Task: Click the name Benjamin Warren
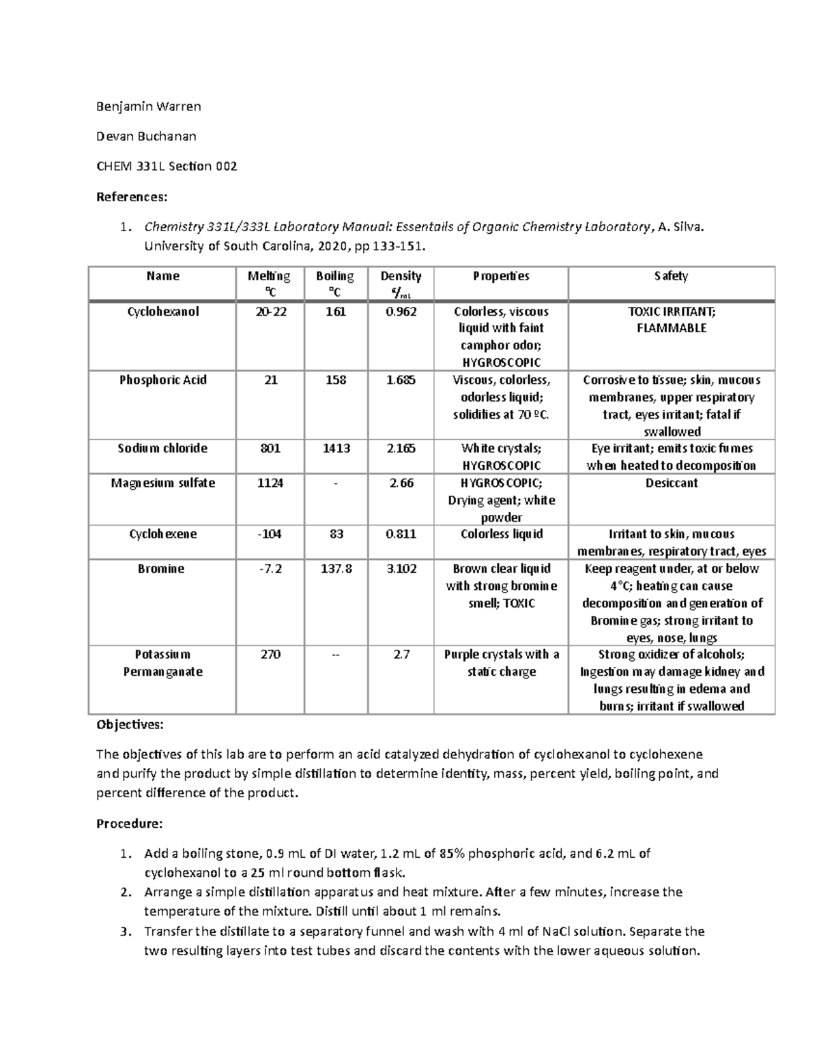(148, 106)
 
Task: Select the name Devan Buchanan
(146, 136)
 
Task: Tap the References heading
(131, 197)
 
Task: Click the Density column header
(401, 276)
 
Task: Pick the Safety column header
(671, 276)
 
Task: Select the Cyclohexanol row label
(163, 312)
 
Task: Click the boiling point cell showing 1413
(336, 449)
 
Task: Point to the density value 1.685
(401, 381)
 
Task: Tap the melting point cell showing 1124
(270, 483)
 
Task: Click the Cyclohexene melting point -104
(270, 535)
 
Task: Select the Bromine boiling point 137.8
(336, 569)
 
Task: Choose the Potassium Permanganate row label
(162, 663)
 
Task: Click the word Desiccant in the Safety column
(671, 483)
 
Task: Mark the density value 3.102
(401, 569)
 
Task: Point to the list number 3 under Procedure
(124, 931)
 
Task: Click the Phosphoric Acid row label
(163, 381)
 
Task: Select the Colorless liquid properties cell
(501, 535)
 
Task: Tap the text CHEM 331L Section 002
(167, 166)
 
